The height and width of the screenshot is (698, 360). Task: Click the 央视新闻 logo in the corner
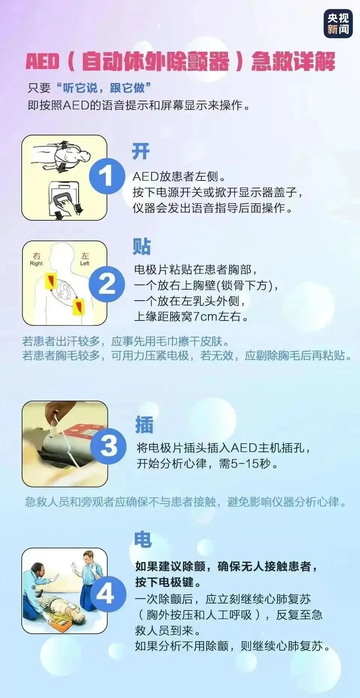point(338,23)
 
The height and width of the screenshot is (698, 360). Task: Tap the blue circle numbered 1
point(106,176)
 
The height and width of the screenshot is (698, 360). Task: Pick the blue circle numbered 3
point(108,445)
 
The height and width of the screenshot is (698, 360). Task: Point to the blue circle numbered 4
point(106,594)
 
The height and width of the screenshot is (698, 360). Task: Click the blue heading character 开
point(141,152)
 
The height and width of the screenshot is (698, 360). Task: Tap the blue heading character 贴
point(141,247)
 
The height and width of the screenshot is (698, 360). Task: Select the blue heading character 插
point(144,425)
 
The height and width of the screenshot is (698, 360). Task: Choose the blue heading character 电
point(143,540)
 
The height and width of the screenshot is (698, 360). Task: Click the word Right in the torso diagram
point(36,263)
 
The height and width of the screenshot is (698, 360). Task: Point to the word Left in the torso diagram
point(85,263)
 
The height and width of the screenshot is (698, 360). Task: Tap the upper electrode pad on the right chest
point(51,281)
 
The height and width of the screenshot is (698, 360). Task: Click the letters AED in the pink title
point(42,62)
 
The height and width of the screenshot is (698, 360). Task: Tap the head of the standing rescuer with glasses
point(88,558)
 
